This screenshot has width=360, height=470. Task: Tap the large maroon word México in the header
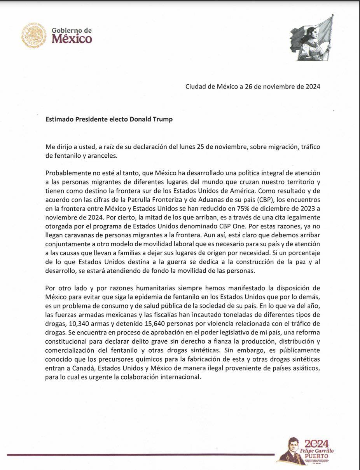tap(72, 39)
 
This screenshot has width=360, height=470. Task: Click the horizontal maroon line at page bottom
tap(140, 454)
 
